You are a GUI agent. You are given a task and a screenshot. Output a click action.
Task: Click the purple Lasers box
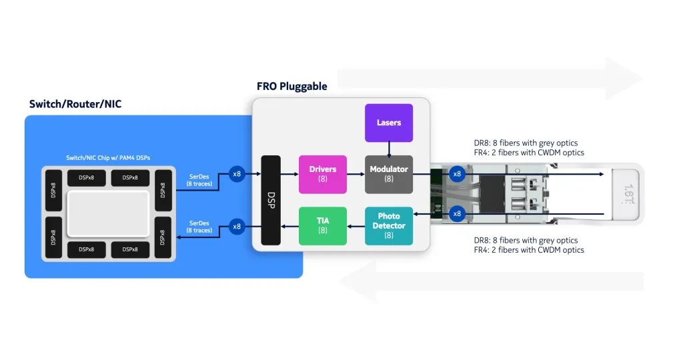388,123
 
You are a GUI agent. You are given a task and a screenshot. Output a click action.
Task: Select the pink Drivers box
323,174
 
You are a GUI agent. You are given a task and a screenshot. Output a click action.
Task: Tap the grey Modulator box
389,174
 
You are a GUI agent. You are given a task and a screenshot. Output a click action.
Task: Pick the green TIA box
323,225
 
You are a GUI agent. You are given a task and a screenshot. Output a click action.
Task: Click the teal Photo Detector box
389,225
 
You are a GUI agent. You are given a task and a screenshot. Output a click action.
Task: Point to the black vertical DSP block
271,200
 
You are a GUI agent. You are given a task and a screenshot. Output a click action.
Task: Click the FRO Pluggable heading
292,87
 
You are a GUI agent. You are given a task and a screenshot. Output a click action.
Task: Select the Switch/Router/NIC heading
75,104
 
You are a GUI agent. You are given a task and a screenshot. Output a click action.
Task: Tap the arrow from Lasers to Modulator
389,149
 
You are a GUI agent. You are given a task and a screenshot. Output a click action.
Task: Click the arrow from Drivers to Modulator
356,174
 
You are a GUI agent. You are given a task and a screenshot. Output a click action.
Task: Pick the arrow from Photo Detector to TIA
356,226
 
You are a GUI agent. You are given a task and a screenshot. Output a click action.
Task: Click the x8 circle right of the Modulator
457,174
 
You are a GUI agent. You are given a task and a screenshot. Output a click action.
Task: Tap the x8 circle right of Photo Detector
457,214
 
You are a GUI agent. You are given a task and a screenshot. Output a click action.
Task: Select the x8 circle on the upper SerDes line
237,174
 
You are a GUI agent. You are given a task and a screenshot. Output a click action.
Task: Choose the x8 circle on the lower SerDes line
237,226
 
